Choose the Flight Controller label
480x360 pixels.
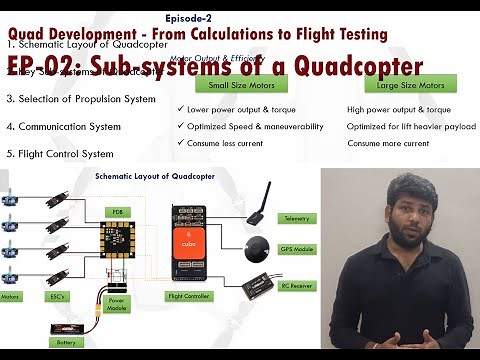click(x=188, y=296)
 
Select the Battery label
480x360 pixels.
click(x=65, y=342)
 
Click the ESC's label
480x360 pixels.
click(x=53, y=296)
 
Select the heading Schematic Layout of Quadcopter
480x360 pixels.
click(x=146, y=176)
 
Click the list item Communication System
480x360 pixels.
click(x=64, y=127)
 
